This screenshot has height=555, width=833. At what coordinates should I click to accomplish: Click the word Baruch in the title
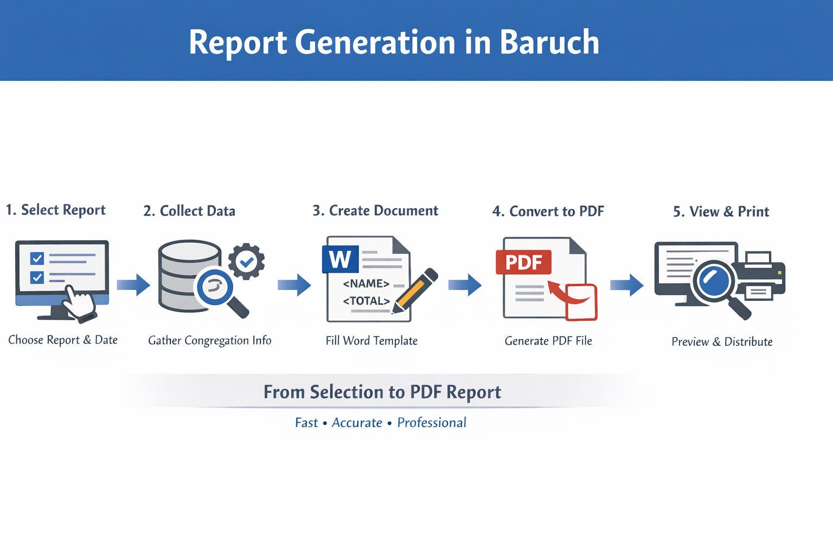pos(549,42)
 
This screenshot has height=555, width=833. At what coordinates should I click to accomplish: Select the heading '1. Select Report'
pos(56,210)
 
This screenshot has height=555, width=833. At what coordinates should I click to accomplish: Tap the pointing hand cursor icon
pos(79,302)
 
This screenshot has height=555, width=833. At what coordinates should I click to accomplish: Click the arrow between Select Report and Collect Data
pos(133,285)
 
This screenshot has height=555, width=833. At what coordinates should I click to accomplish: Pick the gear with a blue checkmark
pos(246,261)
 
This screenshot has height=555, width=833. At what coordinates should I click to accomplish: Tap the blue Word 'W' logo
pos(340,259)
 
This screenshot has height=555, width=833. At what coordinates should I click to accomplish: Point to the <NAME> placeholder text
pos(366,283)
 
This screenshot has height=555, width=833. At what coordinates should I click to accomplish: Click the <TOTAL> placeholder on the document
pos(366,301)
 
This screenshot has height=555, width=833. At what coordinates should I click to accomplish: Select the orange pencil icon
pos(415,291)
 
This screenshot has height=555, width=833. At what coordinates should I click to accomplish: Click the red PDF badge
pos(523,262)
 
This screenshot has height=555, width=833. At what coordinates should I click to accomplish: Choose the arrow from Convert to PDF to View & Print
pos(627,285)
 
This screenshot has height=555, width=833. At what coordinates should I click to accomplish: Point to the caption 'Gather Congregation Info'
pos(210,340)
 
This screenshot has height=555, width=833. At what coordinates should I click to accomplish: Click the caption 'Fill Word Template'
pos(371,341)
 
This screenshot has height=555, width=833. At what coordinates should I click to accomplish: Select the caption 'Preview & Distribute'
pos(722,341)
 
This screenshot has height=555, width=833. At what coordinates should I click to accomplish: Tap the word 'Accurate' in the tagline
pos(357,423)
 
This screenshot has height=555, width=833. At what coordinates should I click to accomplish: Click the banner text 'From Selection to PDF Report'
pos(382,392)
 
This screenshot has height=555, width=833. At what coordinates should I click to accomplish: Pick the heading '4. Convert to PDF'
pos(548,211)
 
